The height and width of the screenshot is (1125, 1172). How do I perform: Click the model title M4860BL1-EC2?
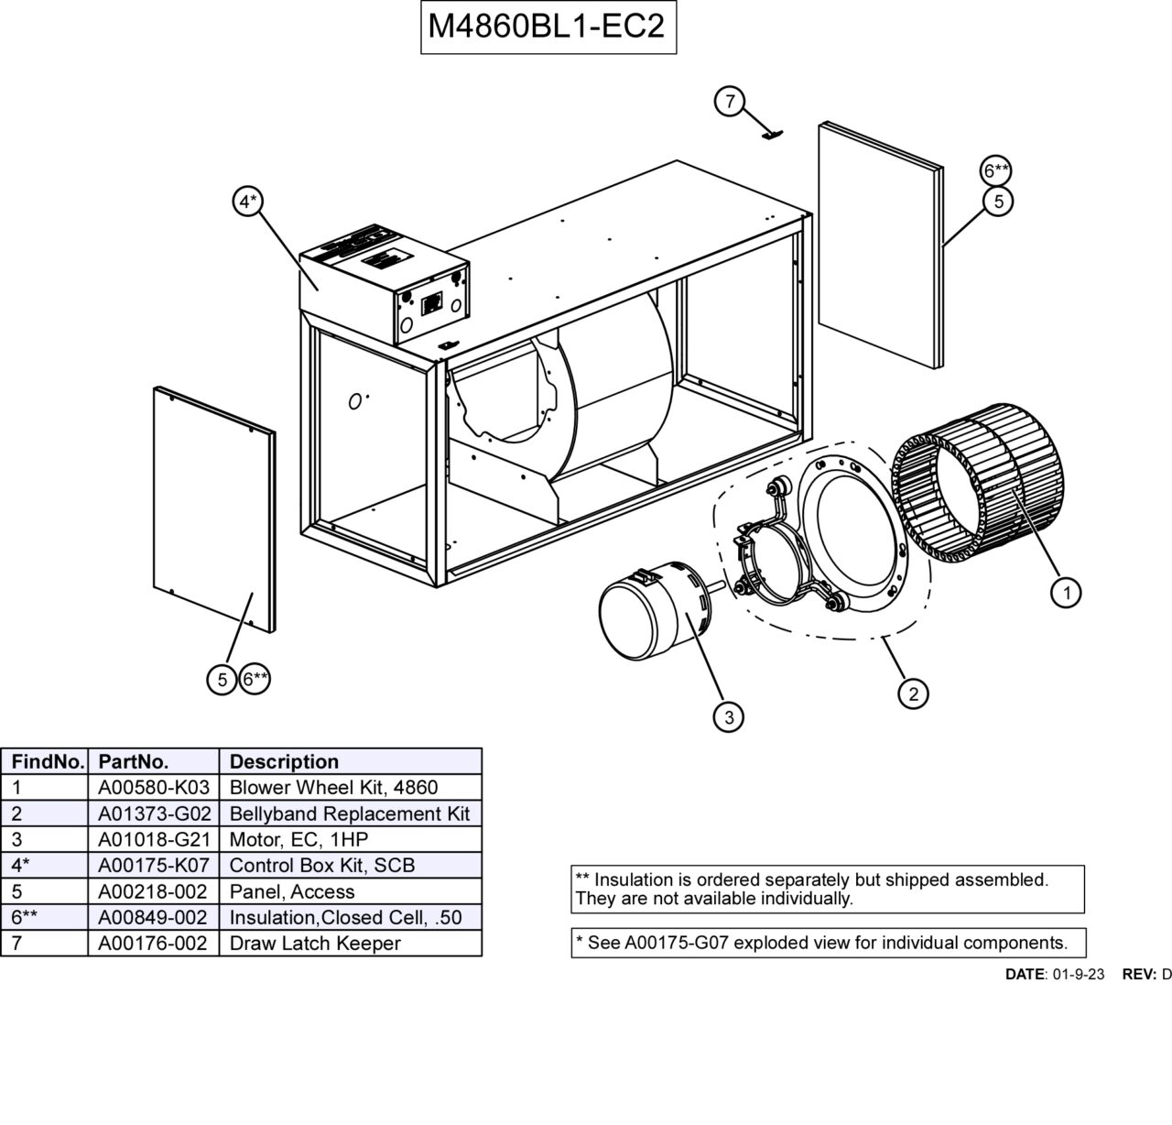(548, 27)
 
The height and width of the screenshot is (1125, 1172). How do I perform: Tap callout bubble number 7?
(729, 101)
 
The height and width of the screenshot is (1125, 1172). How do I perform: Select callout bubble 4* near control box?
(247, 201)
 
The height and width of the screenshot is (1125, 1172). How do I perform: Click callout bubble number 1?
(1066, 593)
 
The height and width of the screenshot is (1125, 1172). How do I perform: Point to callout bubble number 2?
(913, 694)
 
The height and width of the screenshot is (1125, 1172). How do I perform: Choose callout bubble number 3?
(729, 717)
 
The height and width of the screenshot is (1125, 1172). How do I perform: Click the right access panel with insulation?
(880, 244)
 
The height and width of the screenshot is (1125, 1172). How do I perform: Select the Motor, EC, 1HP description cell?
(298, 839)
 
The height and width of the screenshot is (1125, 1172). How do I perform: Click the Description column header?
(284, 761)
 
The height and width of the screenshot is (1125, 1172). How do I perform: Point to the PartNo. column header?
(133, 761)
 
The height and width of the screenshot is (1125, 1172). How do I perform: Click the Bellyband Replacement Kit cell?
(349, 814)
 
